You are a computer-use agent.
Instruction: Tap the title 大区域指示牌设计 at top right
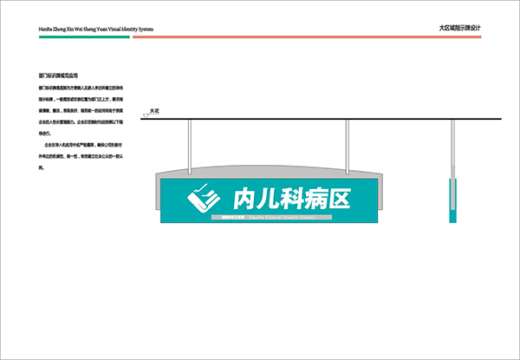tap(460, 28)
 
